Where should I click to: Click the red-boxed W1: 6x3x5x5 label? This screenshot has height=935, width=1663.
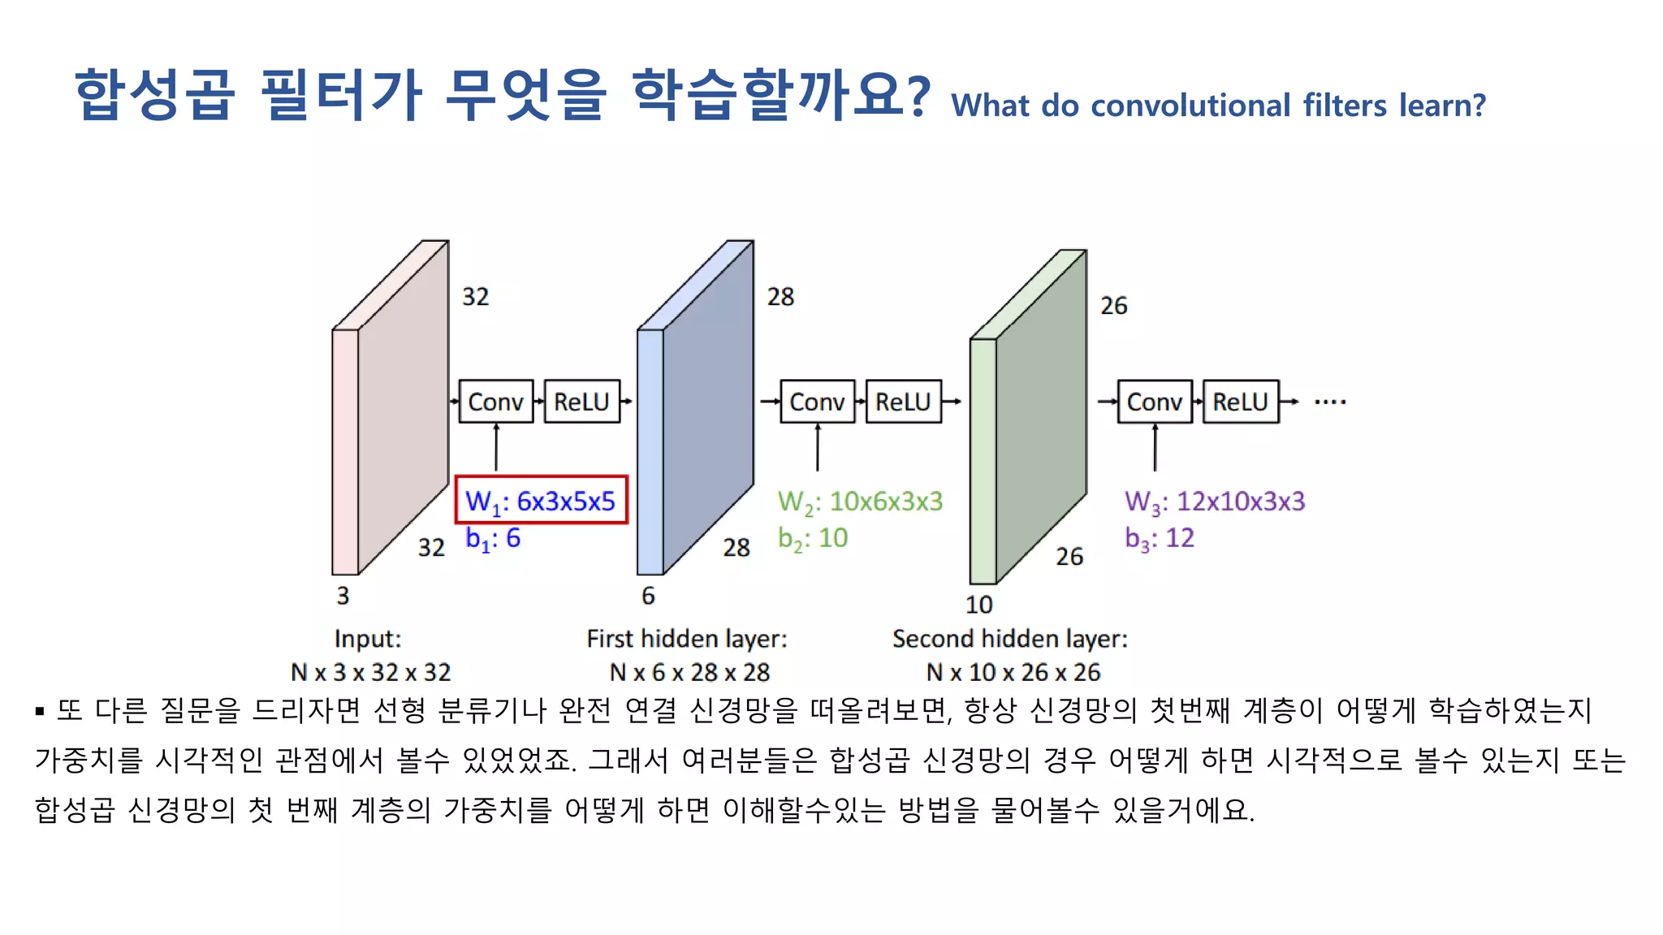[541, 501]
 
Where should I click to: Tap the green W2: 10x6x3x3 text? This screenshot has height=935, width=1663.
[860, 502]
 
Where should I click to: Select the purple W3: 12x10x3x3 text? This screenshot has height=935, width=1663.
[1214, 502]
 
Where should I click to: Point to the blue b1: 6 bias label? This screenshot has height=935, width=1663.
[492, 538]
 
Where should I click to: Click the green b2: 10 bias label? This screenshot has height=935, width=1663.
[812, 538]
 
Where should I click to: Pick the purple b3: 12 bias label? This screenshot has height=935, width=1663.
[1159, 538]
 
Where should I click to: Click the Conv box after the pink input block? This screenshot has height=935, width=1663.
[495, 402]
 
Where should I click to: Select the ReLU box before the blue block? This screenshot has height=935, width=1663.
[581, 402]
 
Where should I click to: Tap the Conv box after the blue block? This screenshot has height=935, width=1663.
[817, 402]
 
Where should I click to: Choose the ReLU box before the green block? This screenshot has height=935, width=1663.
[903, 402]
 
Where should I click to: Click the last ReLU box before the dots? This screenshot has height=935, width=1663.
[1240, 402]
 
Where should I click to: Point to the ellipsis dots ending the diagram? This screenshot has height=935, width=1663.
[1330, 402]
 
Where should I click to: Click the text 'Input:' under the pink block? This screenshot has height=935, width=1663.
[368, 639]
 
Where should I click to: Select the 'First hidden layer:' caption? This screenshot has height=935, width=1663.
[687, 639]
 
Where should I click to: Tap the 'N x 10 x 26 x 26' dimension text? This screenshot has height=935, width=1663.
[1013, 672]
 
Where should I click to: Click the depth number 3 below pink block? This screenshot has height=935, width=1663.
[343, 596]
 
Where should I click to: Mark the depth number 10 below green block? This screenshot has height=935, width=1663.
[978, 605]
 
